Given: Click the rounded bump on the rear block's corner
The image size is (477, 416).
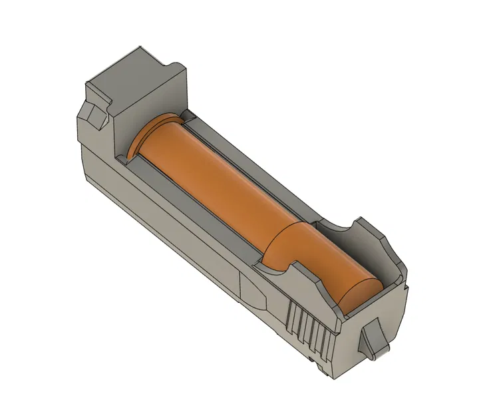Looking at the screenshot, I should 176,67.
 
